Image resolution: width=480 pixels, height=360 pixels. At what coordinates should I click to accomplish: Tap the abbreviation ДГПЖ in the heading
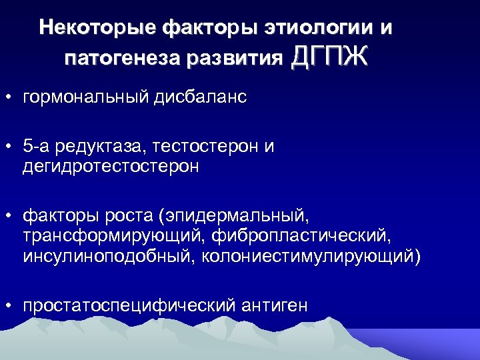[x=329, y=57]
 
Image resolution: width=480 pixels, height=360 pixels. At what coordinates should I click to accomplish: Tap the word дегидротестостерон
[x=111, y=166]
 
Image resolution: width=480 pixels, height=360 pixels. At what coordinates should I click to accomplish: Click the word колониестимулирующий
[x=309, y=257]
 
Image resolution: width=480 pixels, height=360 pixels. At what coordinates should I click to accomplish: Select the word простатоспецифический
[x=129, y=306]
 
